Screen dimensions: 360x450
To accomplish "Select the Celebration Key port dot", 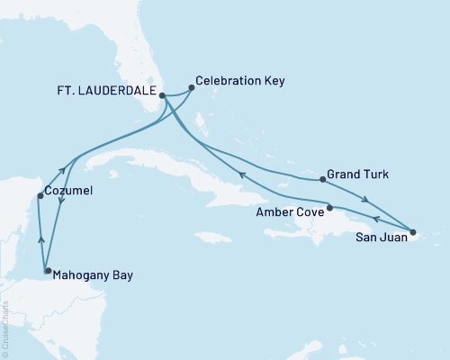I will click(x=191, y=88).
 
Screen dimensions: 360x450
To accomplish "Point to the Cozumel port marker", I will click(x=40, y=196).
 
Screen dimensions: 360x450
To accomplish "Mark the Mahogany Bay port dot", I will click(x=48, y=270).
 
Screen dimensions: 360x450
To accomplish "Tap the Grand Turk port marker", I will click(x=323, y=179).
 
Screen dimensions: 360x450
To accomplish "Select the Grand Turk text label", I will click(x=360, y=172).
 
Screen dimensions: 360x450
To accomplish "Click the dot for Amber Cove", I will click(x=330, y=208).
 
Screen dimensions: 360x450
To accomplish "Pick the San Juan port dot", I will click(x=412, y=233).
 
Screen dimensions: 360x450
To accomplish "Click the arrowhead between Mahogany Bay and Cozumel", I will click(x=40, y=238).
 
